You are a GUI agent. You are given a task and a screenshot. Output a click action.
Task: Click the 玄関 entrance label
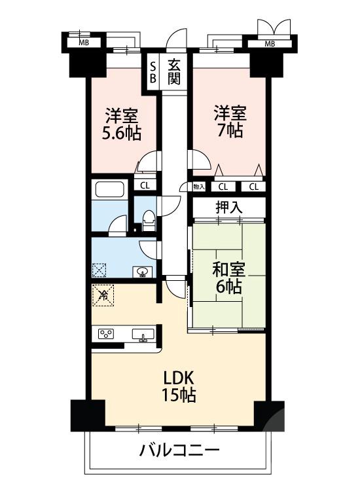[x=173, y=71]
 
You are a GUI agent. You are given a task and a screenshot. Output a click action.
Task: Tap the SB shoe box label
[x=153, y=71]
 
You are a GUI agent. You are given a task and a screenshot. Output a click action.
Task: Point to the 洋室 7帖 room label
[x=228, y=120]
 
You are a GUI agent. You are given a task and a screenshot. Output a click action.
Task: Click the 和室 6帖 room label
[x=228, y=277]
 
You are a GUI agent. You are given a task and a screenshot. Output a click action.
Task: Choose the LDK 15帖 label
[x=179, y=386]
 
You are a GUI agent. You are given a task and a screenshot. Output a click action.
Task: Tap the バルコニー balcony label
[x=178, y=451]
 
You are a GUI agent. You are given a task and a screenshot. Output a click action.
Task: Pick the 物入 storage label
[x=199, y=187]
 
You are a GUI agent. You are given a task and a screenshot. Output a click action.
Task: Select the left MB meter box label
[x=84, y=43]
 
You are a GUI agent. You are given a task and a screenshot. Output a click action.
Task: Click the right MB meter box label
[x=269, y=44]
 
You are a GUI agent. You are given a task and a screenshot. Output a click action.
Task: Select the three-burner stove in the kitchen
[x=105, y=334]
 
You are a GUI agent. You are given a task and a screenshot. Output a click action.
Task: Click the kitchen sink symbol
[x=142, y=335]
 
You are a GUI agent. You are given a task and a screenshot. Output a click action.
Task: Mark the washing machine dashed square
[x=99, y=270]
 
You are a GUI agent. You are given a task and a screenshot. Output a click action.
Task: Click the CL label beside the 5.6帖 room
[x=145, y=185]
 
